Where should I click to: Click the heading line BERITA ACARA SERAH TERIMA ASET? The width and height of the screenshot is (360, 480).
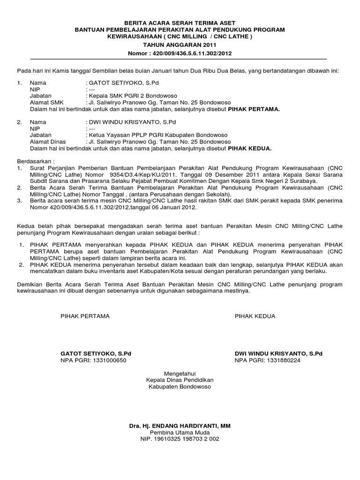coord(180,22)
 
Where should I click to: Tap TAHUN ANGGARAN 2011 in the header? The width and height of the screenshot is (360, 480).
coord(180,45)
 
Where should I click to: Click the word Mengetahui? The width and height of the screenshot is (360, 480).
coord(180,373)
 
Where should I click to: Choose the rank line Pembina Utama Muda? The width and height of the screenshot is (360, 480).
coord(180,433)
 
